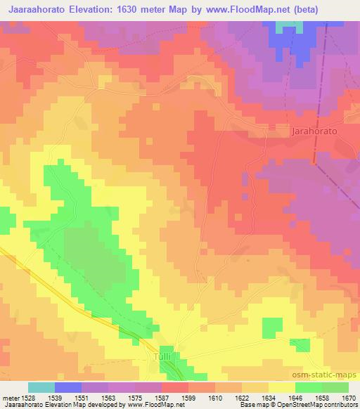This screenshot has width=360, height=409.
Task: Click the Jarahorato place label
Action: tap(314, 131)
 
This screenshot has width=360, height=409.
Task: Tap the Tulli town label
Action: tap(162, 357)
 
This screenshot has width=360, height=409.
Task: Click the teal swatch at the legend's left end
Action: tap(41, 387)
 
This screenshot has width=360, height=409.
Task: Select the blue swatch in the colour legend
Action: tap(68, 387)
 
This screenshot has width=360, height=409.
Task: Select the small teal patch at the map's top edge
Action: tap(285, 26)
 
